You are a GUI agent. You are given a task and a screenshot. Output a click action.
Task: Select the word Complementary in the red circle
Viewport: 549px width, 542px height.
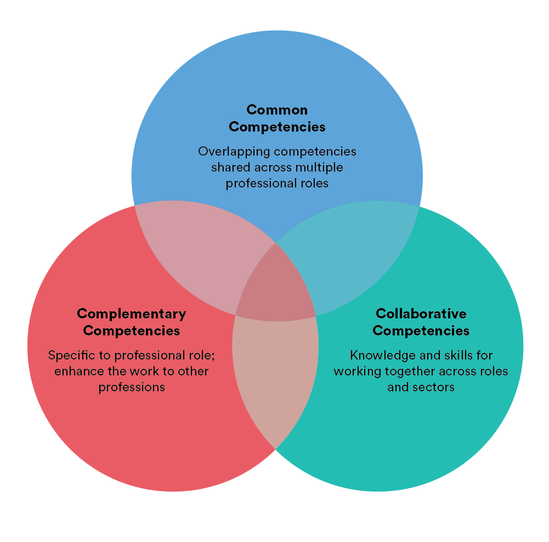pos(132,313)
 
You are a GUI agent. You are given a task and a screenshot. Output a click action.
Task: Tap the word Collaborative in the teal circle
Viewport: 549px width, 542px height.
pos(421,313)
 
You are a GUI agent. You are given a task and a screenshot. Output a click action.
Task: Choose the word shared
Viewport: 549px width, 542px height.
pos(229,167)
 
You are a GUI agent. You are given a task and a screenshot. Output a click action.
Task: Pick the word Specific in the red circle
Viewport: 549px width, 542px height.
pos(68,355)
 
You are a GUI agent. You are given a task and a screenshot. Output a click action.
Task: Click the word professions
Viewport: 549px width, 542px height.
pos(132,387)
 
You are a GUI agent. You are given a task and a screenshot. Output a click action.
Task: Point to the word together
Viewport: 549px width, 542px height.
pos(401,371)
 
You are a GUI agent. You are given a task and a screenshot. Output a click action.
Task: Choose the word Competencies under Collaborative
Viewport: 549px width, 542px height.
pos(421,330)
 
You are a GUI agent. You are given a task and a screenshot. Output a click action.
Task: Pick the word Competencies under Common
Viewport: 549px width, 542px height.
pos(277,127)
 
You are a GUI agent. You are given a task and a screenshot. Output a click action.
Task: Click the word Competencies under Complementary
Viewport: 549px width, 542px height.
pos(132,330)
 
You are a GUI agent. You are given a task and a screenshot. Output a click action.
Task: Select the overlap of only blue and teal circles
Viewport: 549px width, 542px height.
pos(356,258)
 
